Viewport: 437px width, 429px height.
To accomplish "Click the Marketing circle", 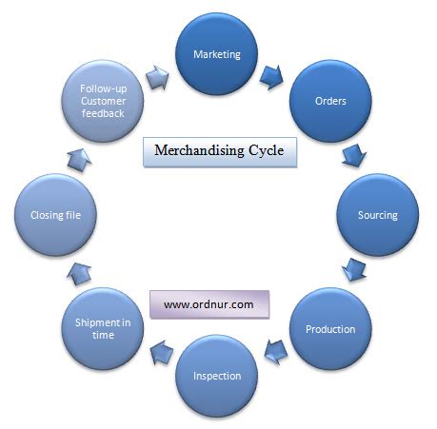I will click(217, 54).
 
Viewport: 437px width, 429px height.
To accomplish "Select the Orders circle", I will click(329, 101).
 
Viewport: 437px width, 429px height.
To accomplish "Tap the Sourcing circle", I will click(377, 214).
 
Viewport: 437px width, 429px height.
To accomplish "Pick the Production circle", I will click(329, 329).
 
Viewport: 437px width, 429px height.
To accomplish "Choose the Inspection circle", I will click(217, 375).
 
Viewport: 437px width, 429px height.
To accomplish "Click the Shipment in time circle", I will click(103, 329).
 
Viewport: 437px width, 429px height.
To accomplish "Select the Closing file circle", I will click(56, 215).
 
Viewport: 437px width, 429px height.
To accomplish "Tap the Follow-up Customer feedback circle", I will click(103, 101).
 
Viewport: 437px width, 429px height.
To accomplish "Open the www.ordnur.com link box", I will click(209, 305).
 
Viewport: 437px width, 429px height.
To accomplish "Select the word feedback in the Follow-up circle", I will click(104, 113).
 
